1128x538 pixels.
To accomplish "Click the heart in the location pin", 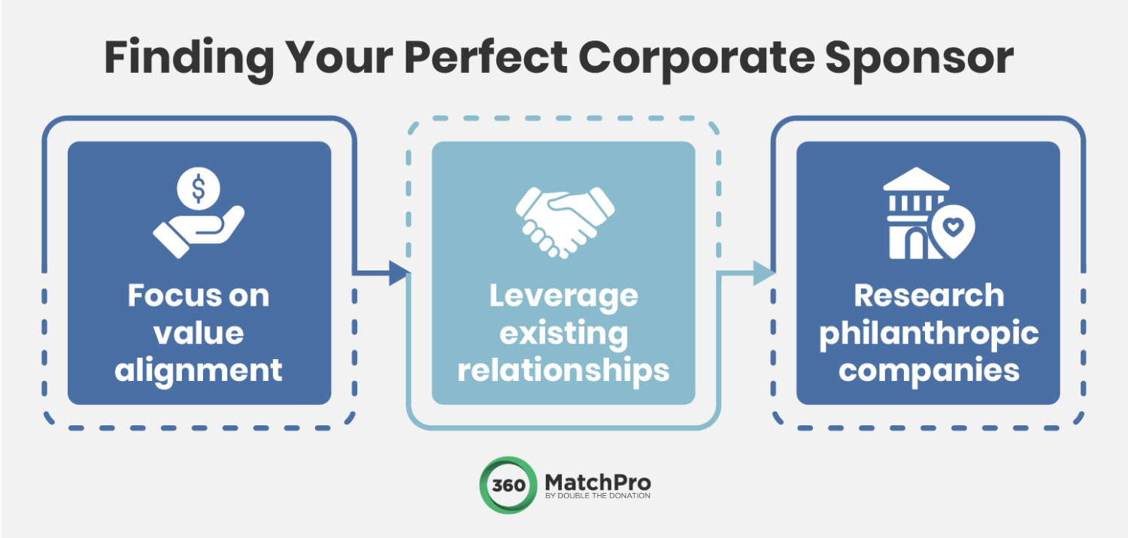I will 953,225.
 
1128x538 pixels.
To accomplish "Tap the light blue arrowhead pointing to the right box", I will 763,274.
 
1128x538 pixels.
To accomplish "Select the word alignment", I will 199,370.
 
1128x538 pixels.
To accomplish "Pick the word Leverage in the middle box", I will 563,295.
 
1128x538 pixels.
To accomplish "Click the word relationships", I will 563,370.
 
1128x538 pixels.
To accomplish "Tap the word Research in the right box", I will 928,295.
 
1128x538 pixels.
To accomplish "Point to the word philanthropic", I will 928,333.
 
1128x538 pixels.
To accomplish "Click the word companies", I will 928,370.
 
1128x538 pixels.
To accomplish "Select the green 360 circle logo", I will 508,485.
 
